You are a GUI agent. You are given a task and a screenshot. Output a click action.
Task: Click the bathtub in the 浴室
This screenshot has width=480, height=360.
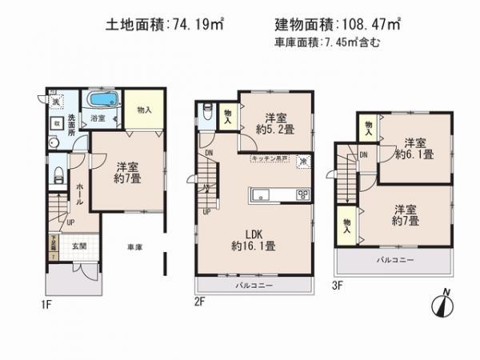pos(102,102)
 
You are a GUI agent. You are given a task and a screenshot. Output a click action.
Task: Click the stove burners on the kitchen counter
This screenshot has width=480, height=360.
pos(302,195)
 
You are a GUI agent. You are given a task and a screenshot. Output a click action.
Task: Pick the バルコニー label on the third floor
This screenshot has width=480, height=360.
pos(394,261)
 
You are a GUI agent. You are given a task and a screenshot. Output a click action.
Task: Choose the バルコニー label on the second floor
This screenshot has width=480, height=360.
pos(254,286)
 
